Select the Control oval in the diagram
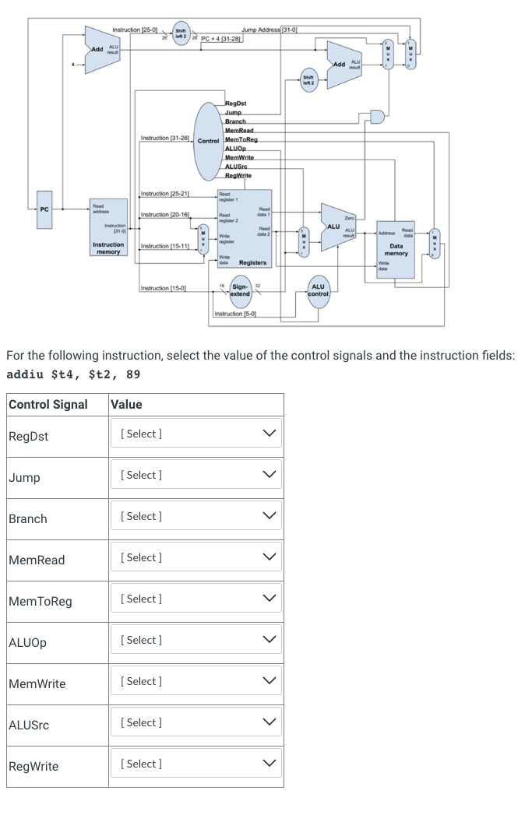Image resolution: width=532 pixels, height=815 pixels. pyautogui.click(x=209, y=140)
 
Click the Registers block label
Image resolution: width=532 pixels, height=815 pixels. pyautogui.click(x=252, y=263)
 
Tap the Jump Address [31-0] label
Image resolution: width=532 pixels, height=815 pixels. pyautogui.click(x=271, y=29)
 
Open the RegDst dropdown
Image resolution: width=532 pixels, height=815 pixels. pyautogui.click(x=196, y=434)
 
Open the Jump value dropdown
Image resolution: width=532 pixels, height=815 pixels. pyautogui.click(x=196, y=475)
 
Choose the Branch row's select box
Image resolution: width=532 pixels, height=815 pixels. pyautogui.click(x=196, y=516)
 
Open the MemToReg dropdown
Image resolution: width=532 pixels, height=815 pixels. pyautogui.click(x=196, y=599)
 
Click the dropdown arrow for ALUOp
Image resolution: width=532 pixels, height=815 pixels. pyautogui.click(x=270, y=640)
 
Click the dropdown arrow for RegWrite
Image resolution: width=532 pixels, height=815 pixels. pyautogui.click(x=270, y=764)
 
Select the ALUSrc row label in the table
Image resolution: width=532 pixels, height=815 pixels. pyautogui.click(x=29, y=725)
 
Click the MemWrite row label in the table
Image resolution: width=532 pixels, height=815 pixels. pyautogui.click(x=37, y=684)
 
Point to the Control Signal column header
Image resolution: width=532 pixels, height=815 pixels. pyautogui.click(x=48, y=405)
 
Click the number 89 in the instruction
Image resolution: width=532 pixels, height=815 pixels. pyautogui.click(x=133, y=374)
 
